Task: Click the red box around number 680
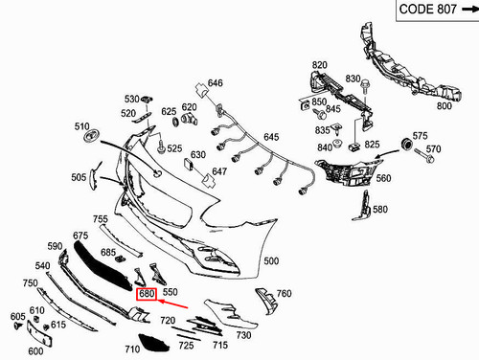147,294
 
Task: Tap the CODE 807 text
427,9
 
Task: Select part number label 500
271,260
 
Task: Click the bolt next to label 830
365,86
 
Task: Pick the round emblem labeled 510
91,135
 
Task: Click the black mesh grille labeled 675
103,266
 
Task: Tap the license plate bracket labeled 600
39,333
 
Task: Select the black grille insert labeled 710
153,343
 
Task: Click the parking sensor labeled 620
190,119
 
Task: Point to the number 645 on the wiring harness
271,137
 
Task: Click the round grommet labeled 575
406,144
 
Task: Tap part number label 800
445,105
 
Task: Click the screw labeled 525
161,147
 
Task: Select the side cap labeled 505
93,179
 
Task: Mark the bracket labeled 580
362,206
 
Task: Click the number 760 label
284,293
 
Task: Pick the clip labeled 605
18,326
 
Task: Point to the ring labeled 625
175,122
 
